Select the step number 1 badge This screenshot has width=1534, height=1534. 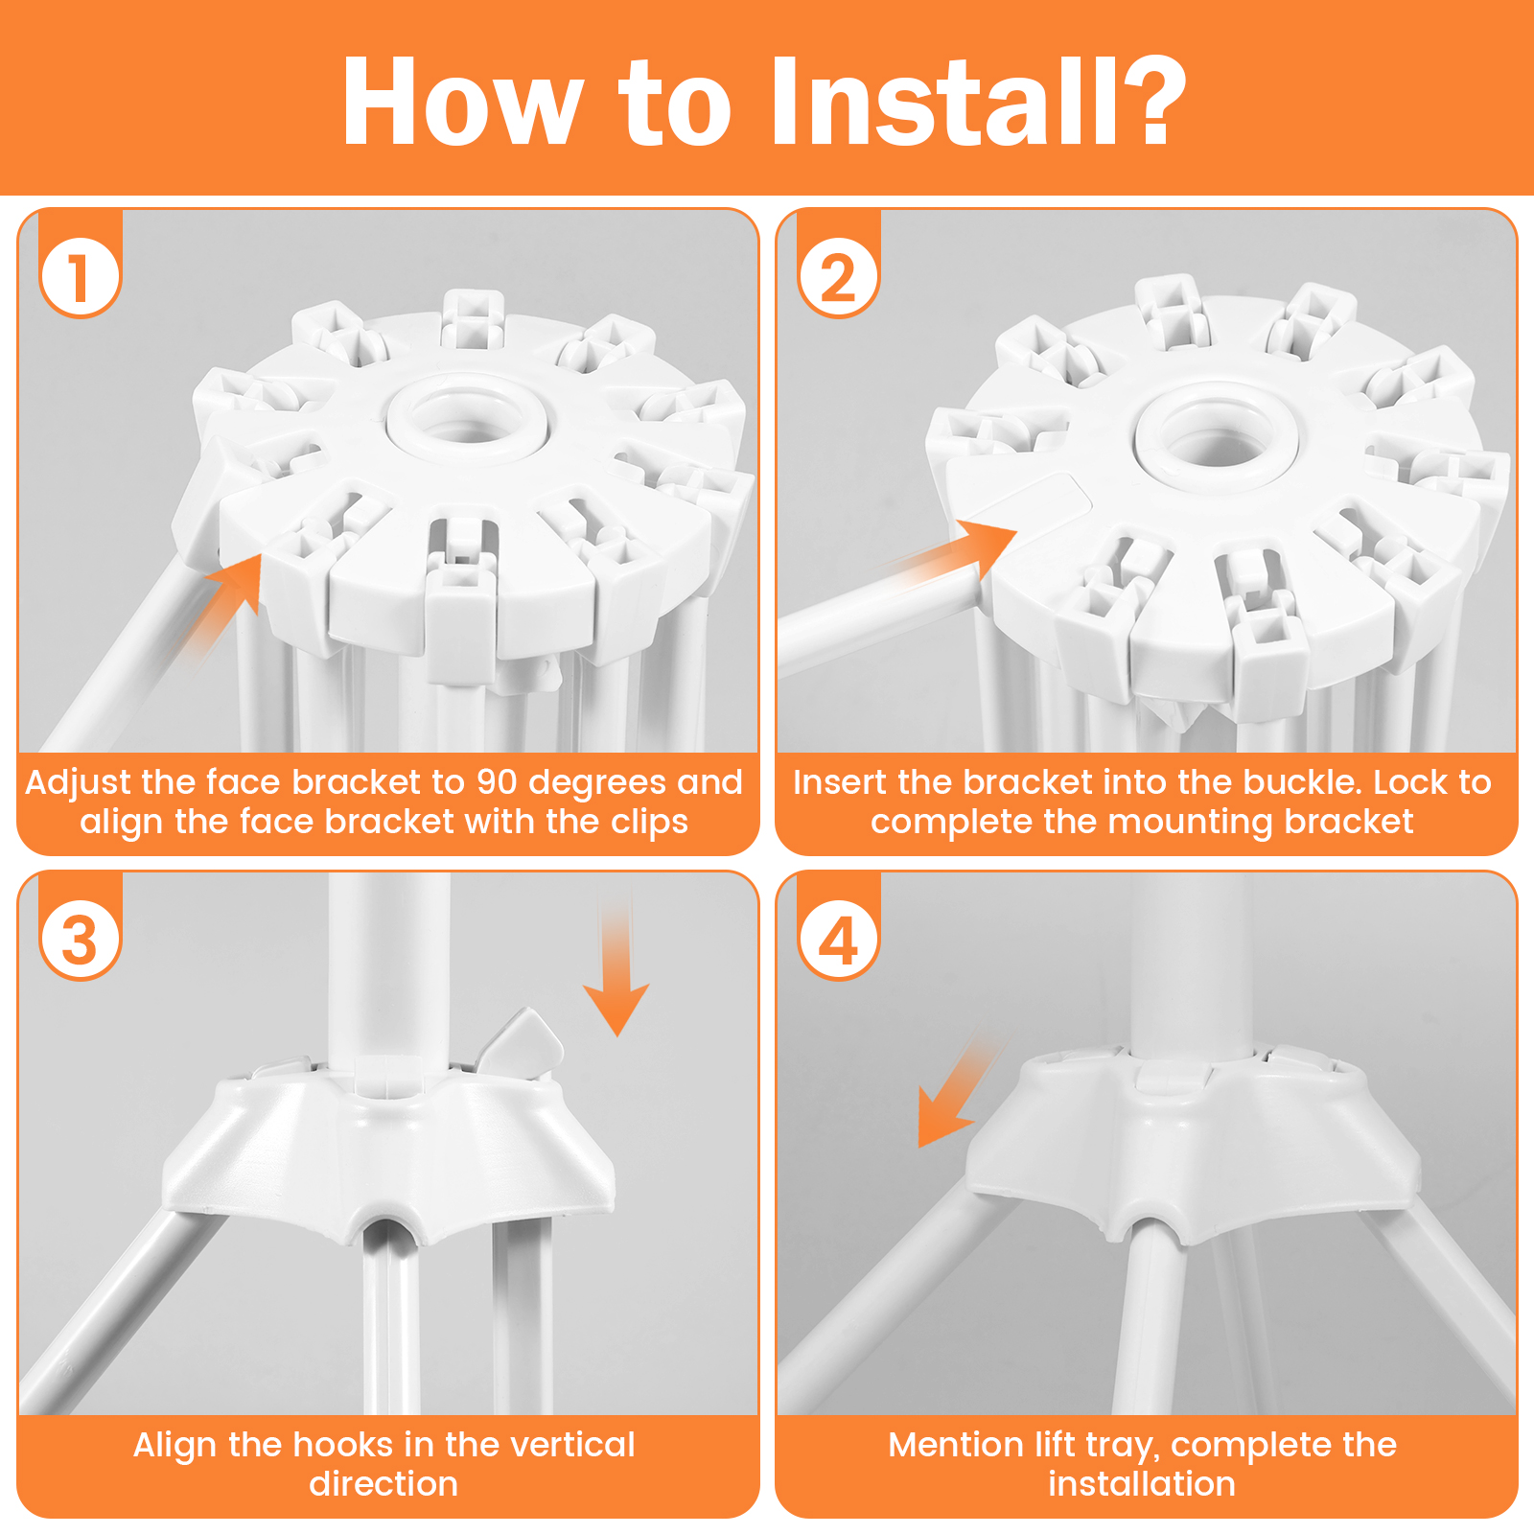tap(81, 277)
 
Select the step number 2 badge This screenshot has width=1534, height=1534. tap(839, 277)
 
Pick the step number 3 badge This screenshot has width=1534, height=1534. tap(81, 940)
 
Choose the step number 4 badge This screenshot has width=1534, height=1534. tap(839, 940)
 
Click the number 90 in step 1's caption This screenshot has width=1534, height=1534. tap(498, 782)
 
